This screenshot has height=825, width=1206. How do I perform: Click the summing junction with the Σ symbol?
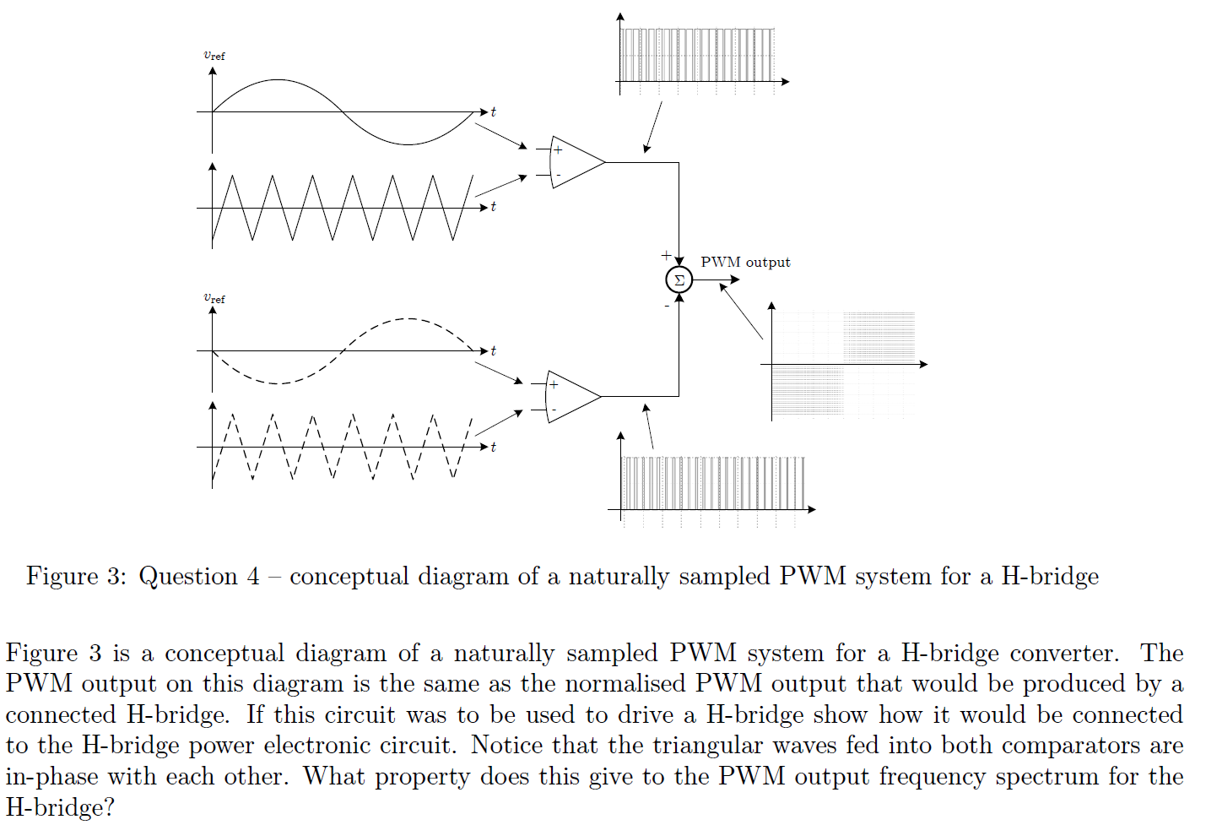point(679,280)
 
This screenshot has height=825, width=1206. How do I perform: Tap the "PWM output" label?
point(745,262)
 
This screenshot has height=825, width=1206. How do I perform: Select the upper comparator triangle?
point(576,162)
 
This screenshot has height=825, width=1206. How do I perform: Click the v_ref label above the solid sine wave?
point(214,56)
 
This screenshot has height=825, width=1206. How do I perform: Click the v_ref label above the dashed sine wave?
point(214,298)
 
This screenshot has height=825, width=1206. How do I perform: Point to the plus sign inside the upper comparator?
point(558,150)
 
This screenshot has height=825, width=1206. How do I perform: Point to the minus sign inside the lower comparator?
point(554,410)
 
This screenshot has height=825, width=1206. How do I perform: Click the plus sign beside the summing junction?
point(666,255)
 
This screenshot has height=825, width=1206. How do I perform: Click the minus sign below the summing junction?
point(667,306)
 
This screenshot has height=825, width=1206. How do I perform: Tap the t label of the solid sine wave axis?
point(494,111)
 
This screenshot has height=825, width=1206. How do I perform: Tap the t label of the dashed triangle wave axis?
point(494,447)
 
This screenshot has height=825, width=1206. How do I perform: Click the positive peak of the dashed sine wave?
point(408,319)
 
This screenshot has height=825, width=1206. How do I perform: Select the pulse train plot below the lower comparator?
point(711,483)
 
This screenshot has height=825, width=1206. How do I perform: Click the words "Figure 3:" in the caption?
point(75,576)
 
